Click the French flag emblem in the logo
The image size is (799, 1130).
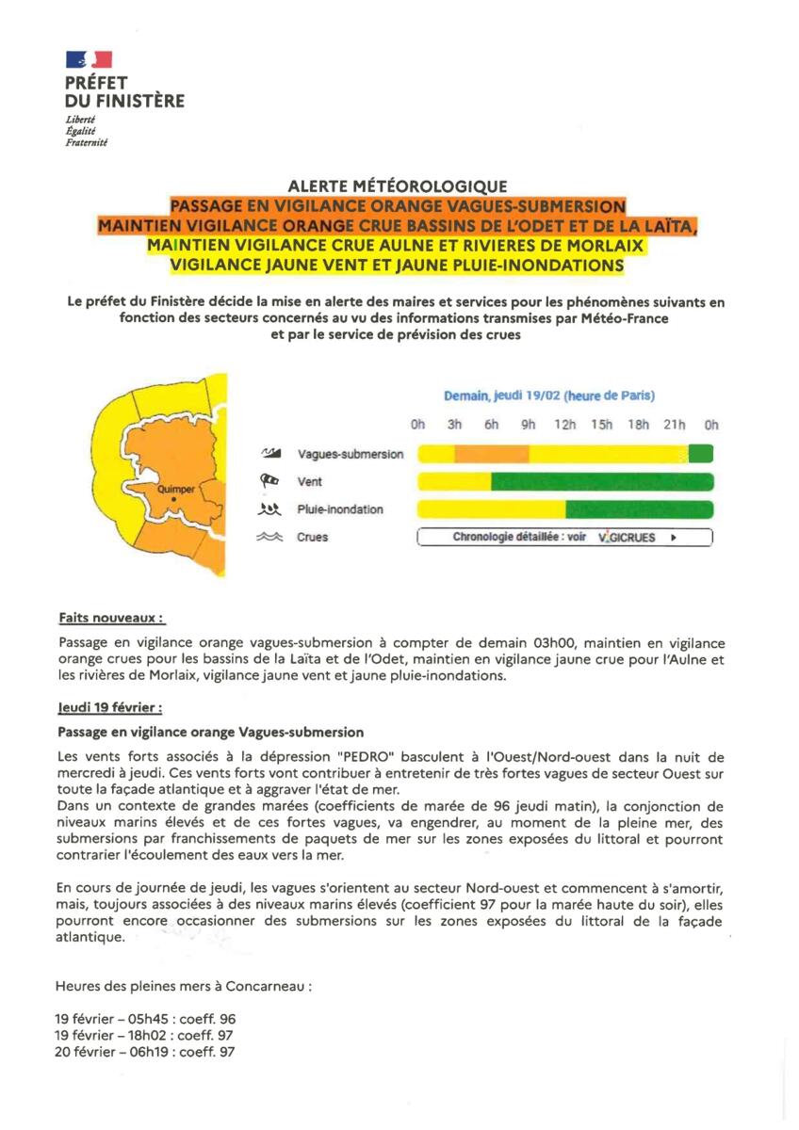[89, 59]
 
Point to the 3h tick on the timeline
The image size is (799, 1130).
[454, 425]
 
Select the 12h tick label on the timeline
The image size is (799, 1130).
[564, 425]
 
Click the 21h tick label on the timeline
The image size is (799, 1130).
[675, 425]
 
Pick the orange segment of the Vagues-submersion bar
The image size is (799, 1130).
[491, 454]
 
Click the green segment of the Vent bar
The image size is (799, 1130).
[602, 482]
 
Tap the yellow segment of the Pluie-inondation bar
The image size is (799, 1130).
[491, 509]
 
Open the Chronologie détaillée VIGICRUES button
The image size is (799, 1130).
[564, 538]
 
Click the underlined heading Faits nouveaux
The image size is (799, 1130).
[111, 619]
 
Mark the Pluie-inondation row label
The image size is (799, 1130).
[340, 509]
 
